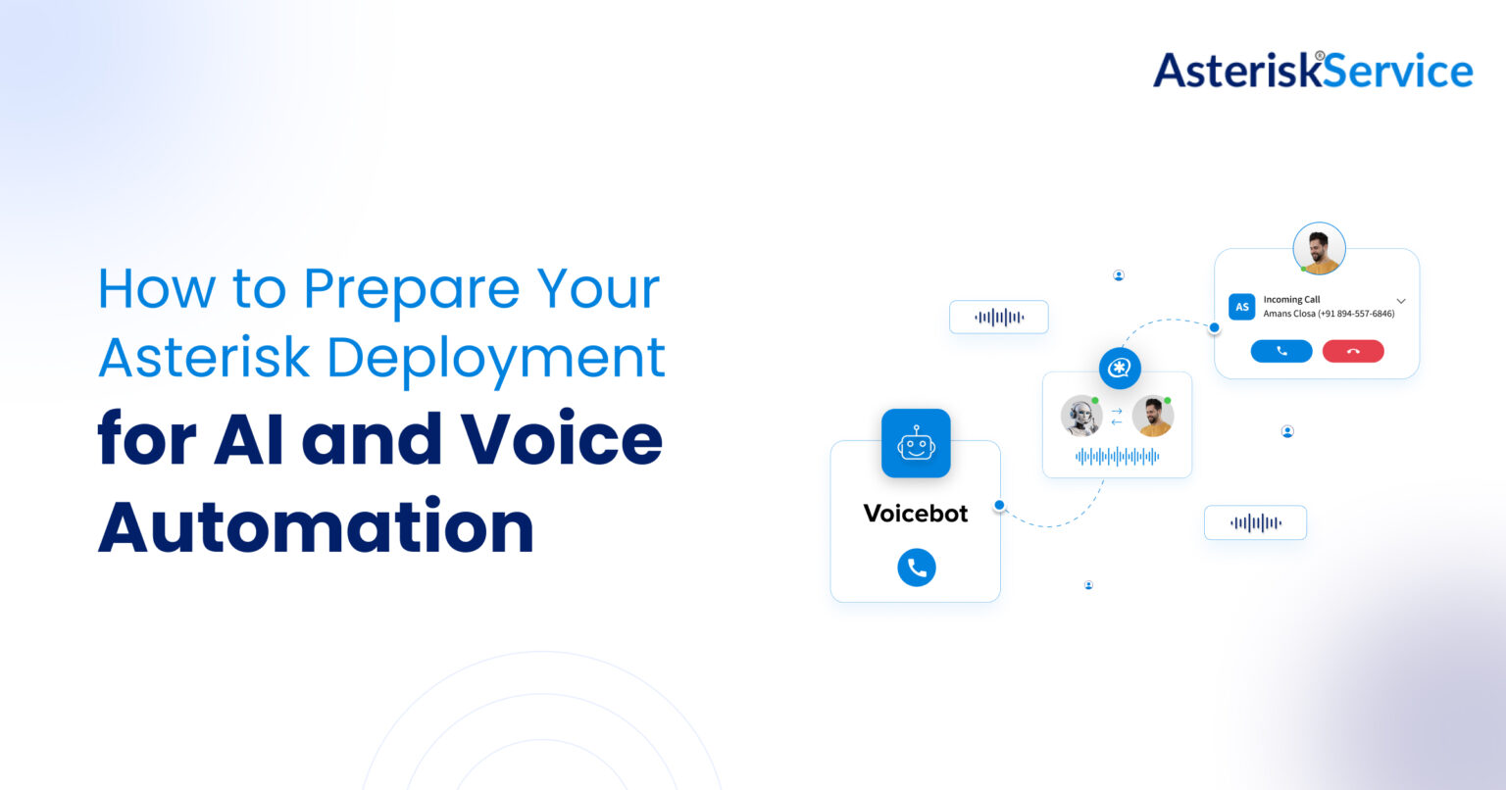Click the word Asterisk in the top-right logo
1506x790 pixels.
[x=1233, y=71]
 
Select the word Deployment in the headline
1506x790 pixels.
[x=496, y=358]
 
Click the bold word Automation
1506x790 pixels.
[x=316, y=526]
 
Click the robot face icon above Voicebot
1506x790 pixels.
[x=916, y=443]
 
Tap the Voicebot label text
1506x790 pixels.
[x=916, y=514]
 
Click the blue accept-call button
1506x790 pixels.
[x=1280, y=351]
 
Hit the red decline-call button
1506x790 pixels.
[x=1353, y=351]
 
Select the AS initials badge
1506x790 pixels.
[x=1241, y=307]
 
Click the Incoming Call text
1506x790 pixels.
[x=1291, y=300]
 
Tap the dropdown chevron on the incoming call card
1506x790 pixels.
[x=1401, y=301]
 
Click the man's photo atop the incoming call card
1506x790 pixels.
[x=1319, y=248]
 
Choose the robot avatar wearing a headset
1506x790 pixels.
[x=1080, y=416]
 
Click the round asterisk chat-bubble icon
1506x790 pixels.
[x=1120, y=369]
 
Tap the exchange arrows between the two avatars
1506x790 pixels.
[x=1116, y=417]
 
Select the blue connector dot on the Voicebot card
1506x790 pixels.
[x=999, y=506]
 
